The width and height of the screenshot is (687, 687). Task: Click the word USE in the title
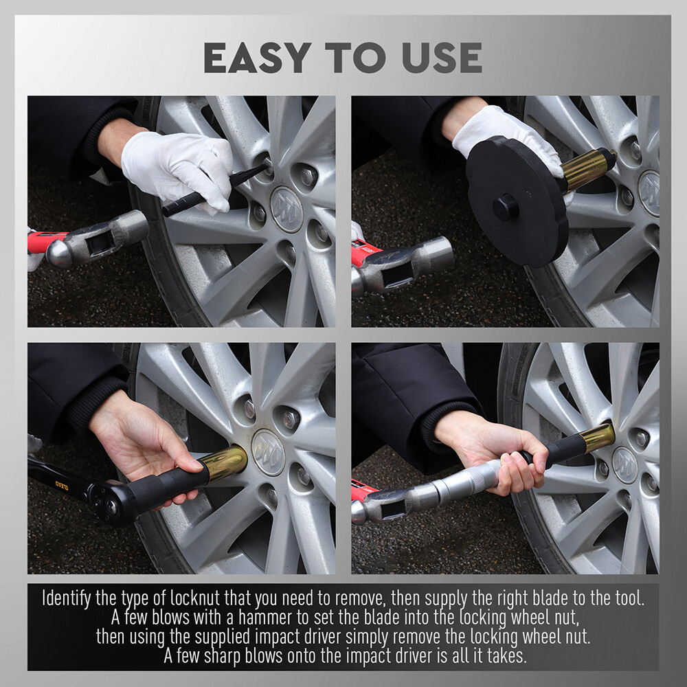442,58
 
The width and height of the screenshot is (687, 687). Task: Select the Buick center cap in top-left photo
286,209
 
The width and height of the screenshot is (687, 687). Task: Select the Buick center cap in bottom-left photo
268,452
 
